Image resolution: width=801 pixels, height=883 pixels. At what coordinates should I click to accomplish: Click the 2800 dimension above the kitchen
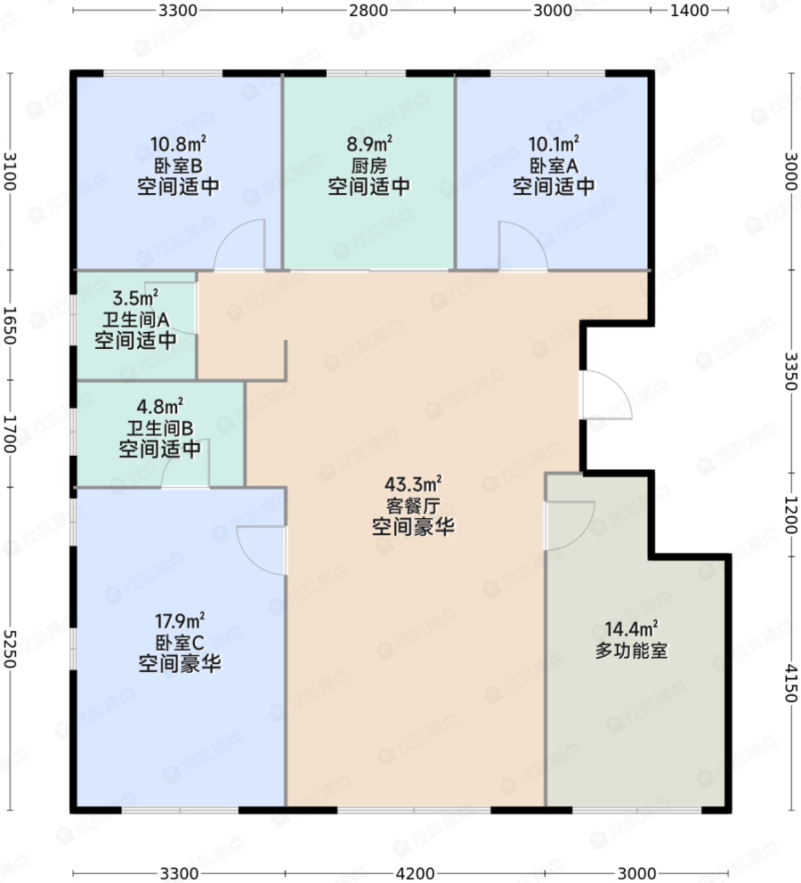[x=368, y=10]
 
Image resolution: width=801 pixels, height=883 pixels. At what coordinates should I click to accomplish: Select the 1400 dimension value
[x=689, y=10]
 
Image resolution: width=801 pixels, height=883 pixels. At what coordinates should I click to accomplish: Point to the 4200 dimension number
[x=416, y=873]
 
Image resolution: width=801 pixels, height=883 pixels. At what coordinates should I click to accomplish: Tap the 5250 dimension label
[x=10, y=649]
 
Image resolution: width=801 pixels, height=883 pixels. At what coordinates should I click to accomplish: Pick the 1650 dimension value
[x=10, y=325]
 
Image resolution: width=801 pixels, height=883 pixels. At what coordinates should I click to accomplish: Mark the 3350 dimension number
[x=791, y=371]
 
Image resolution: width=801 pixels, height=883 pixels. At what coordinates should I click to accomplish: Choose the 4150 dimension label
[x=791, y=683]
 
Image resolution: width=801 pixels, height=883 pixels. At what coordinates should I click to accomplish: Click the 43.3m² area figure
[x=413, y=483]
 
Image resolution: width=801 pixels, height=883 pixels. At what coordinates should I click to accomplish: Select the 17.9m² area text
[x=180, y=621]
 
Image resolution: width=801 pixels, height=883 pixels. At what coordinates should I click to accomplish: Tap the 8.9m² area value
[x=369, y=144]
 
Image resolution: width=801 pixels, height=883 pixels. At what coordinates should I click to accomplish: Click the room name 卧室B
[x=178, y=166]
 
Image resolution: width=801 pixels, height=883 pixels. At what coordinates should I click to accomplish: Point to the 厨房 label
[x=369, y=166]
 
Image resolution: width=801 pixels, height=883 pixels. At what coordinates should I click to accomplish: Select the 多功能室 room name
[x=632, y=651]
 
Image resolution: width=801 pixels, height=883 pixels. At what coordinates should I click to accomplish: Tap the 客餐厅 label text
[x=413, y=505]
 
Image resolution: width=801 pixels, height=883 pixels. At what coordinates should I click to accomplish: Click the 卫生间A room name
[x=135, y=320]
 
